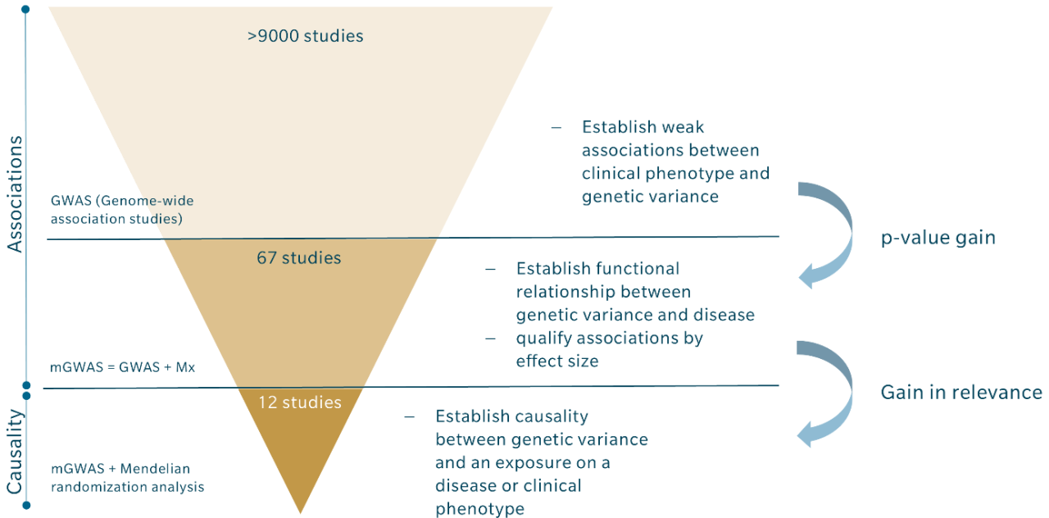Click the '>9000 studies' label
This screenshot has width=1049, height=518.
[305, 36]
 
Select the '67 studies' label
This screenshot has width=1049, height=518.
[298, 258]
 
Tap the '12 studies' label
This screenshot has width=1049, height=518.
[300, 402]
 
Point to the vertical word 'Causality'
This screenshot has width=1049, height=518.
[15, 452]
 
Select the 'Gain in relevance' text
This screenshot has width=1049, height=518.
[961, 393]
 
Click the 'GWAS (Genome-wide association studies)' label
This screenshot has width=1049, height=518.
[122, 209]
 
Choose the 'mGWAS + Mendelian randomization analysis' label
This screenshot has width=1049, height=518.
[126, 478]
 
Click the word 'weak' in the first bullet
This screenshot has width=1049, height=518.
[685, 128]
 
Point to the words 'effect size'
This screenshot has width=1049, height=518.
[557, 361]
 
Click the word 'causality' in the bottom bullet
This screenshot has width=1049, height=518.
[556, 416]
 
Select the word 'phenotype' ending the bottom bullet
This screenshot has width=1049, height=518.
[479, 509]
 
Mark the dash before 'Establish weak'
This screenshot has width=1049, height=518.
[556, 128]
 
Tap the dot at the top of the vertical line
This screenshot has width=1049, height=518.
[25, 9]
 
